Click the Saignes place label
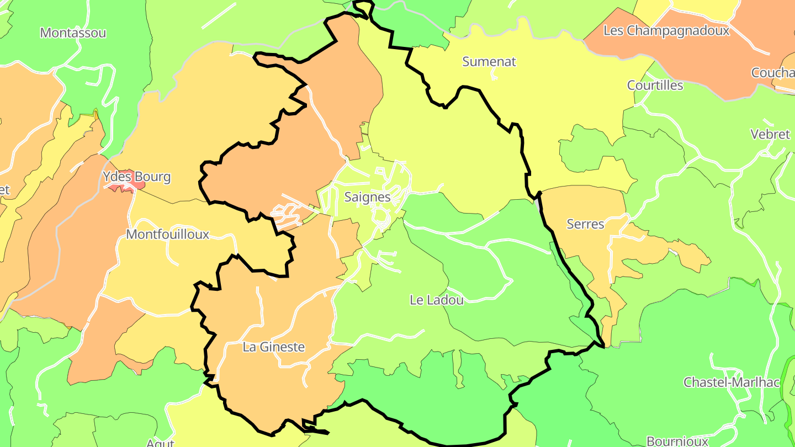(367, 197)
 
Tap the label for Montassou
(73, 33)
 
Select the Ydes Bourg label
(136, 177)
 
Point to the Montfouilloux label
(168, 235)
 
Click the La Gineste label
(274, 347)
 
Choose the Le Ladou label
(437, 300)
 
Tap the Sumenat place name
(489, 62)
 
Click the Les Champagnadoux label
(666, 31)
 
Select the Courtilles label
(655, 86)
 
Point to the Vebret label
(770, 134)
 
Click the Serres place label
(585, 224)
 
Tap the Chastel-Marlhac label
(732, 382)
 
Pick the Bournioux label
(677, 441)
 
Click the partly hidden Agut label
(160, 443)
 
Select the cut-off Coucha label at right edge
(772, 73)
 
